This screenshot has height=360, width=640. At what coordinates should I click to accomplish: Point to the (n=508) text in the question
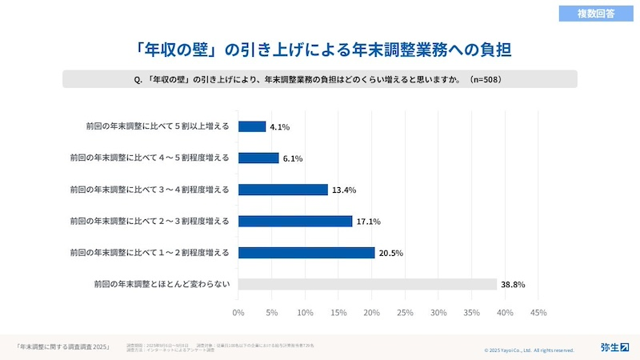486,79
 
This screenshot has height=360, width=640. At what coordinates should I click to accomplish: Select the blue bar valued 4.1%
252,126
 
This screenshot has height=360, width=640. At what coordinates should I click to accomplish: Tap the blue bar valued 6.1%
258,158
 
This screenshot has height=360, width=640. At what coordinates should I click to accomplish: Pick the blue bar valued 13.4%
283,190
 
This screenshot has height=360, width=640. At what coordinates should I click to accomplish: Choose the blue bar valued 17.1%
295,221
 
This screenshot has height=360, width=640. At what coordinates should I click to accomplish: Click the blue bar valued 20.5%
306,253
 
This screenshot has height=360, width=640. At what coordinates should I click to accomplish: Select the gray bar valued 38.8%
367,284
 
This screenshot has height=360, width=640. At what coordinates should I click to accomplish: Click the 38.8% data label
512,285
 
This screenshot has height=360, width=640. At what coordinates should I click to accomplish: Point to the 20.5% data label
391,253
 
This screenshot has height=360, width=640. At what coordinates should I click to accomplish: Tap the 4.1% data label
279,126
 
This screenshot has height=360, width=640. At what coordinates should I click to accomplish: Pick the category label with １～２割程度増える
150,253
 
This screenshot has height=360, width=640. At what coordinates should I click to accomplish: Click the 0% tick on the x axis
238,312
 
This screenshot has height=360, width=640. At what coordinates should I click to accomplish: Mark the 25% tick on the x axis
405,312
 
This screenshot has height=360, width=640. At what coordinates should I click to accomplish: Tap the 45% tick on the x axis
538,312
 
